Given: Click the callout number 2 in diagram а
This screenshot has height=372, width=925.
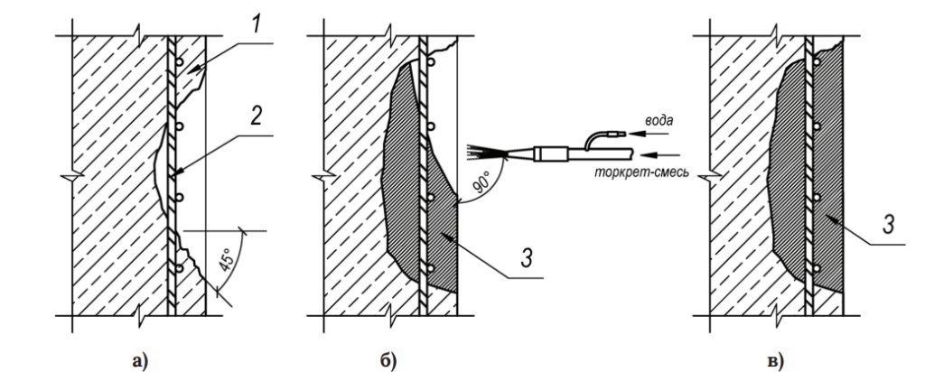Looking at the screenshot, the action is (256, 116).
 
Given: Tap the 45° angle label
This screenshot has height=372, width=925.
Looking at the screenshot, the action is (226, 259).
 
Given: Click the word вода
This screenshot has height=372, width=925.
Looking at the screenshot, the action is (658, 121).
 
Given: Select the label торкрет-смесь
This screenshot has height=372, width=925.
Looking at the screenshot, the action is (641, 173).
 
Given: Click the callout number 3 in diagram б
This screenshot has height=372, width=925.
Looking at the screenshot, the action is (528, 258).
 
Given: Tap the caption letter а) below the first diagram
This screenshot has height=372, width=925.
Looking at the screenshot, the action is (139, 361).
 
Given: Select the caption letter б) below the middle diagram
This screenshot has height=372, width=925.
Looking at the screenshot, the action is (388, 361).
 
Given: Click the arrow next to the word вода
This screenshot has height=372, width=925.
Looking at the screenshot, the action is (654, 134).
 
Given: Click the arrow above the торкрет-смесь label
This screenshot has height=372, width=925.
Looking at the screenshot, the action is (655, 155).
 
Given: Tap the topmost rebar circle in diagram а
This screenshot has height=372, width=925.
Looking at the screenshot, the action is (179, 62).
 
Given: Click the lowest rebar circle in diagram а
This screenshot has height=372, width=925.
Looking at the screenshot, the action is (179, 269).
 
